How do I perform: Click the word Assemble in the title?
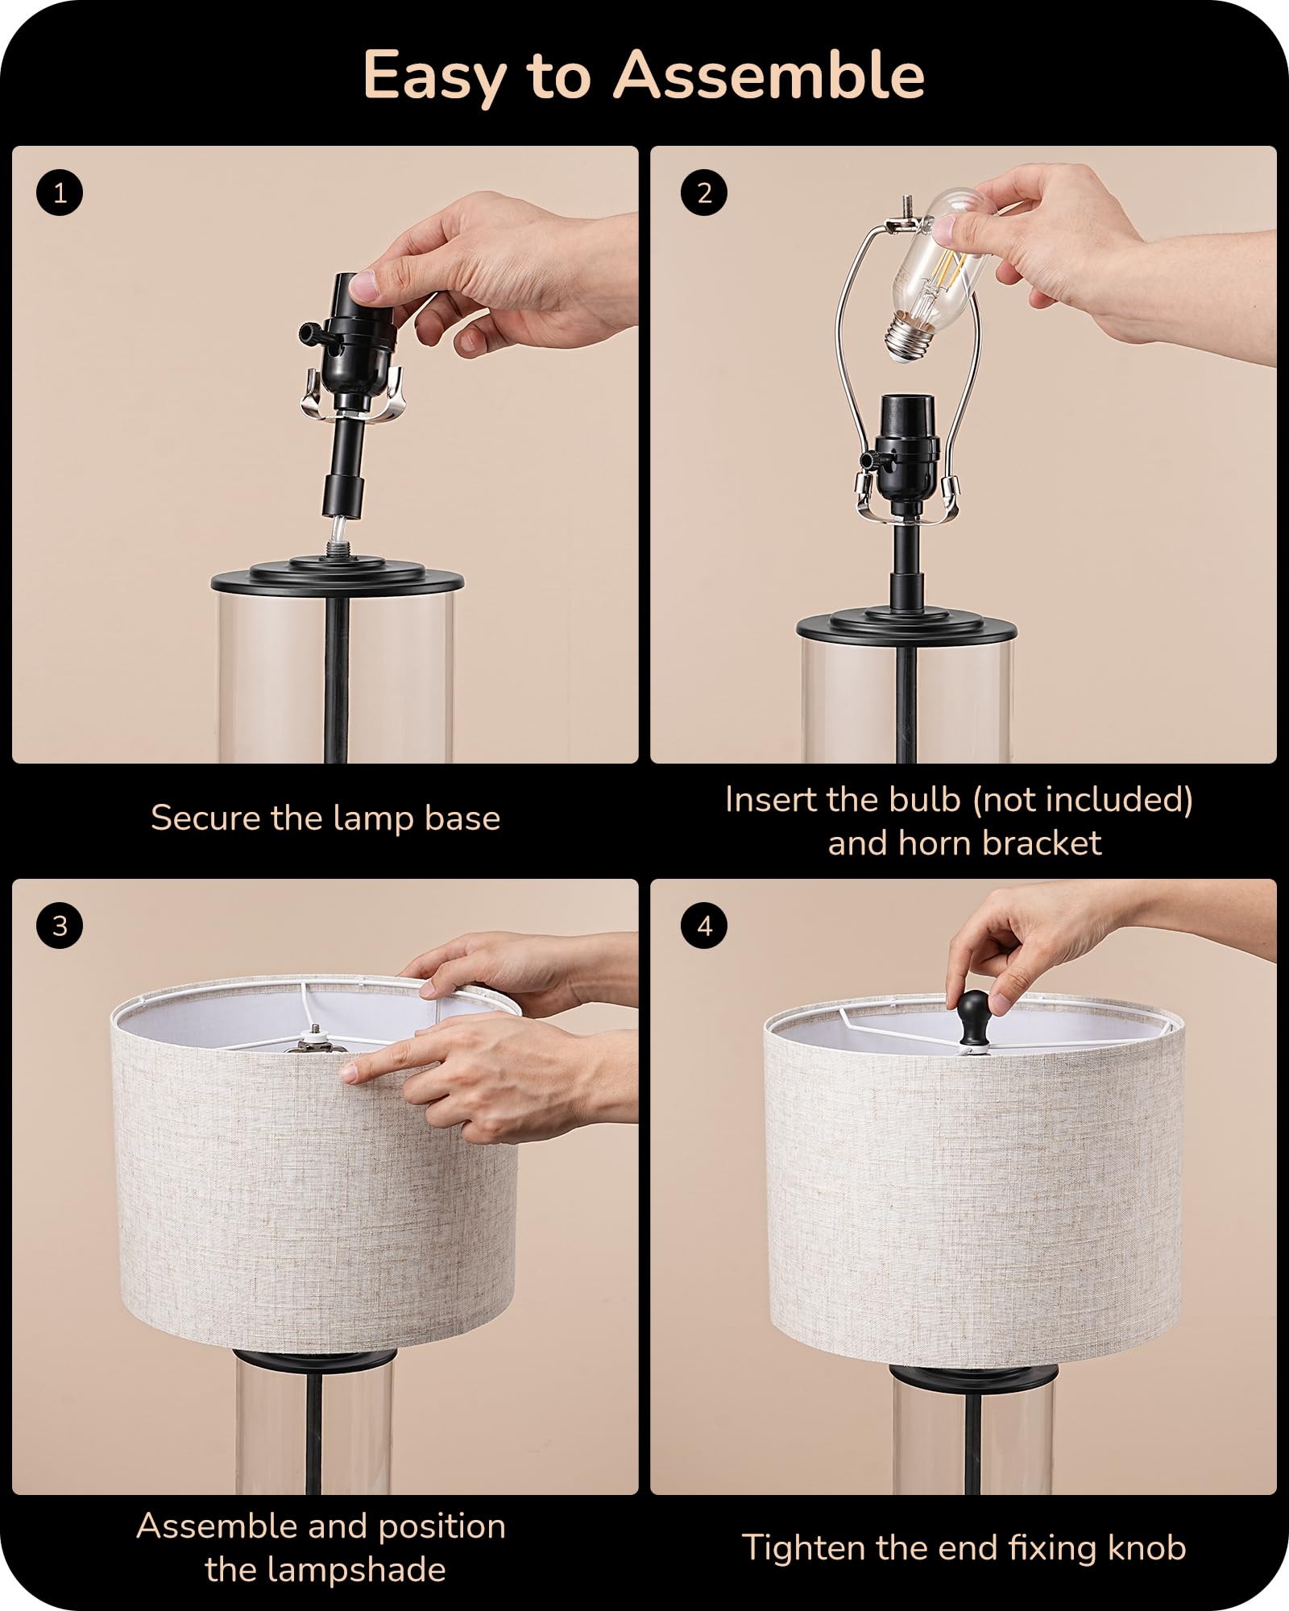[769, 75]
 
